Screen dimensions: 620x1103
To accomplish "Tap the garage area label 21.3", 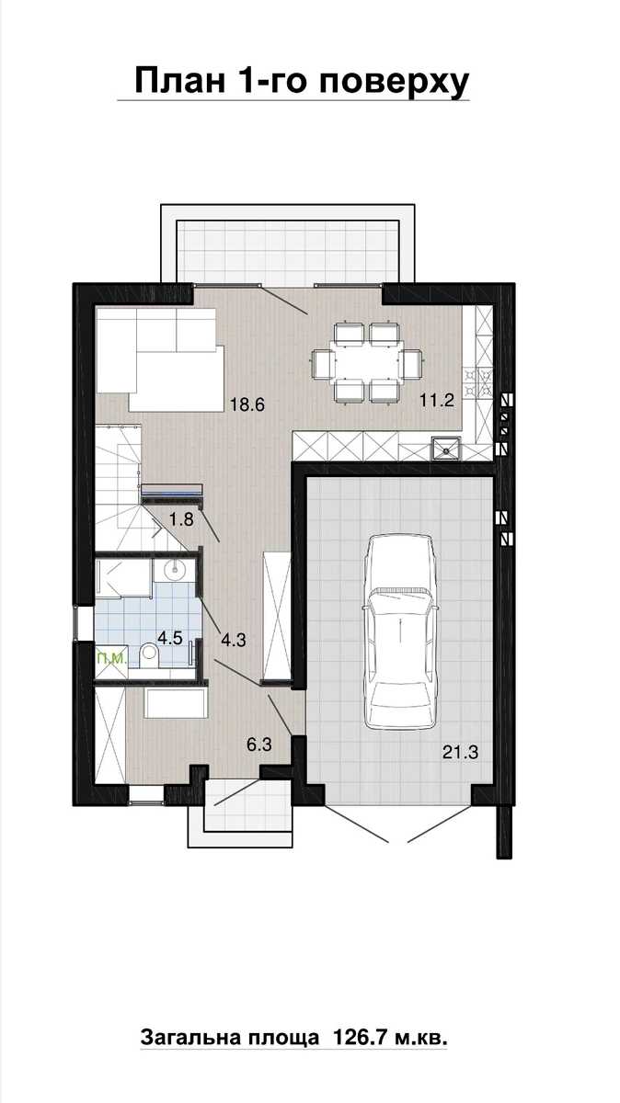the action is pos(460,752).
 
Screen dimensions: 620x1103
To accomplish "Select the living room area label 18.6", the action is pos(247,404).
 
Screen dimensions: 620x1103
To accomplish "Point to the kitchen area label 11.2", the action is pos(437,400).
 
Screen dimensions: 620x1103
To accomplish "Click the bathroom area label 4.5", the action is pos(170,638).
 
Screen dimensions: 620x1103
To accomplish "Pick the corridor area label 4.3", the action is pos(233,640).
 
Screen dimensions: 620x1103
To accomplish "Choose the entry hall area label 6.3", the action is pos(259,744).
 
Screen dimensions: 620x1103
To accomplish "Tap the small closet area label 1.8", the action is pos(181,519).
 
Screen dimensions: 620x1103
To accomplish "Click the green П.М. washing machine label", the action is pos(113,658).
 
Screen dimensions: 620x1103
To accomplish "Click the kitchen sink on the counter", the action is pos(446,449).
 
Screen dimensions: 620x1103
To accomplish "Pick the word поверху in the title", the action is pos(394,83).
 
